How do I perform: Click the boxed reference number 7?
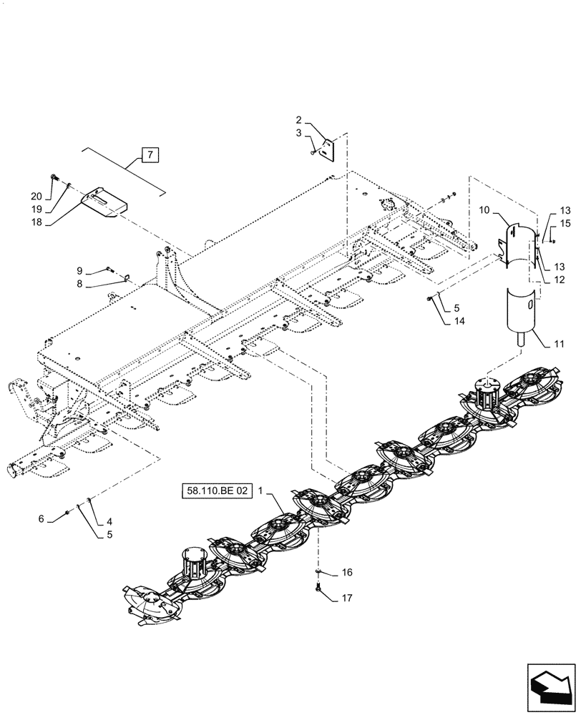150,154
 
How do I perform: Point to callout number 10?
484,211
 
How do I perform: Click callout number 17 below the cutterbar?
346,598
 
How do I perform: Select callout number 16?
346,573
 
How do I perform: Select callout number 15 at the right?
565,224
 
